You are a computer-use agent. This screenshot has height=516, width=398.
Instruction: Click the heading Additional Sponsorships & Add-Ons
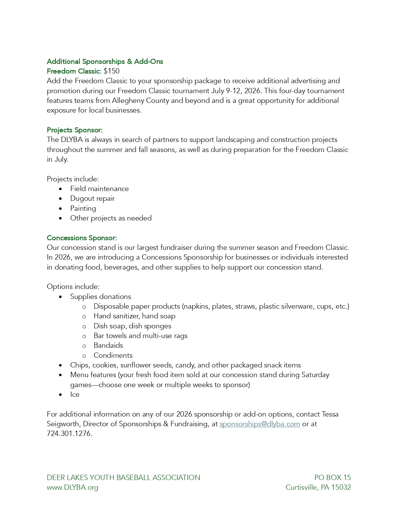point(105,61)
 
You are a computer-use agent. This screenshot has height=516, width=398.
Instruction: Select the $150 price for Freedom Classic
point(111,71)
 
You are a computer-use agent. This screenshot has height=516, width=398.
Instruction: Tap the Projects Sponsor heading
point(75,130)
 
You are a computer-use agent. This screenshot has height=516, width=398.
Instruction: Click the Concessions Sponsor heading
point(82,238)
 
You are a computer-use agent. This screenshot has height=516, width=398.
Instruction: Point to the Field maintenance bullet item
point(99,189)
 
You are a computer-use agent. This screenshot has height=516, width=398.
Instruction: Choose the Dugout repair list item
point(92,198)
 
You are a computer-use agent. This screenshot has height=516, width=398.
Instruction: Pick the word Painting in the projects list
point(83,208)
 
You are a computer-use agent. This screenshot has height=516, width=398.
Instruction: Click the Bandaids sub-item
point(108,345)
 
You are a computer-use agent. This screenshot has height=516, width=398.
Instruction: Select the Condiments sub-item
point(113,355)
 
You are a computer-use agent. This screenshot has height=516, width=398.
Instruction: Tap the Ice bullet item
point(75,394)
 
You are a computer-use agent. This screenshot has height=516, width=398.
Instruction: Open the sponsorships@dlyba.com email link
point(260,424)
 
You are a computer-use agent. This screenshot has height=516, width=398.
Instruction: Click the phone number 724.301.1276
point(69,434)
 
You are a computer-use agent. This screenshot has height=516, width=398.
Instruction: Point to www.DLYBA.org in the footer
point(72,487)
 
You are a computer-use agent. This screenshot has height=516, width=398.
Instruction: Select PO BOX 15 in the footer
point(332,478)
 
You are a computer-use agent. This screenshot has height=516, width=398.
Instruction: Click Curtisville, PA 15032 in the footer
point(318,487)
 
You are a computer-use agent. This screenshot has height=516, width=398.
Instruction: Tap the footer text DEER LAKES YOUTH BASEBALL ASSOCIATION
point(123,478)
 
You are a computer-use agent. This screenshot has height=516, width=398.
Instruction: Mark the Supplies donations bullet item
point(101,296)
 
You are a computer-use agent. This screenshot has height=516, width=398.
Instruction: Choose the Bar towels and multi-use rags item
point(140,336)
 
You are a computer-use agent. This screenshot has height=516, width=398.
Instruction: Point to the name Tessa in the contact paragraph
point(330,414)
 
